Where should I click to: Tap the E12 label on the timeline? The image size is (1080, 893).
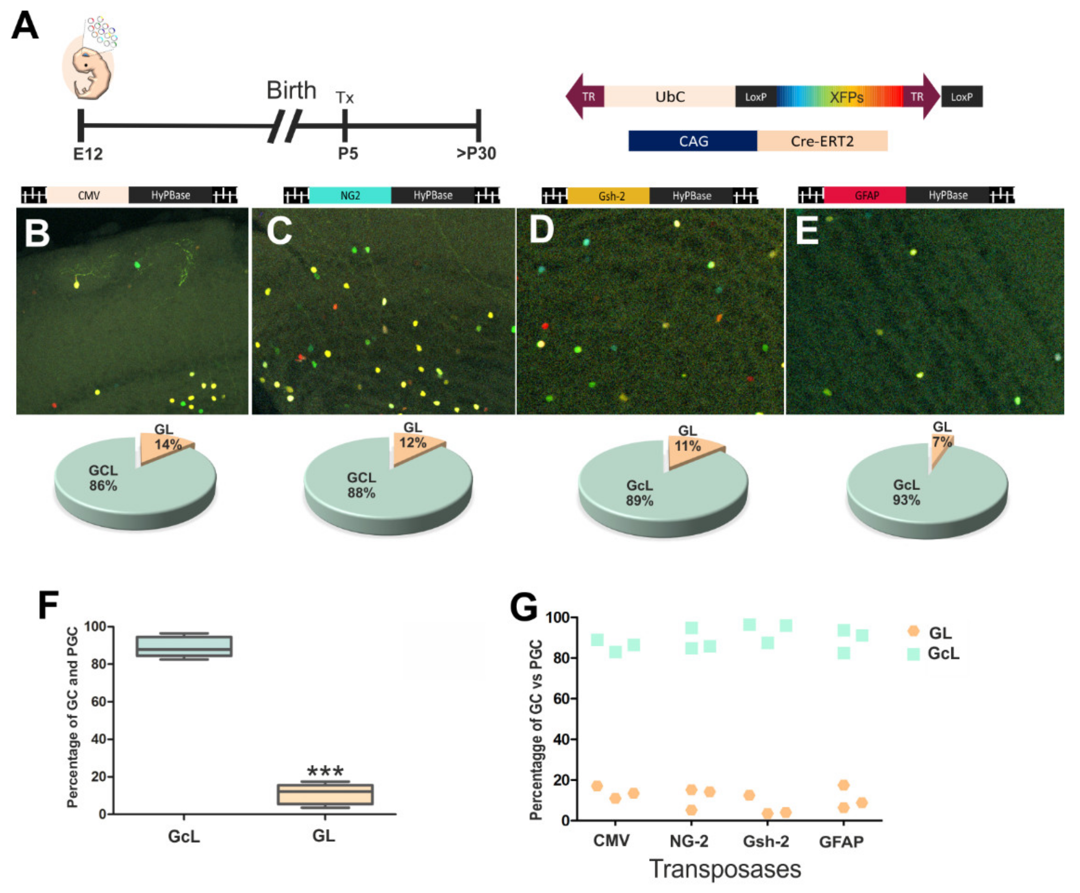[88, 154]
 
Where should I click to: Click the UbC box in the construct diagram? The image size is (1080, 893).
[670, 97]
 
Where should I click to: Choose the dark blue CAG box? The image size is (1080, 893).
[693, 141]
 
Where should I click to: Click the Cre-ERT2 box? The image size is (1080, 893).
[822, 141]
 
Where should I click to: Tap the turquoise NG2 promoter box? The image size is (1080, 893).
[350, 195]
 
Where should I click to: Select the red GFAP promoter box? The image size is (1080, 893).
[867, 195]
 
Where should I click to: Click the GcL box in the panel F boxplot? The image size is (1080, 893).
[184, 646]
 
